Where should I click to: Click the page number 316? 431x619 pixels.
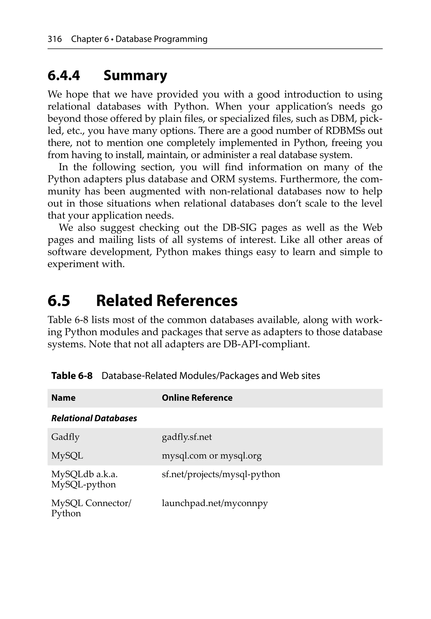55,39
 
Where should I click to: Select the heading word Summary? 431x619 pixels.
135,76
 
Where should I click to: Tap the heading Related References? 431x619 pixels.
167,301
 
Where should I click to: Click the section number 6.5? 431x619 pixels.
59,301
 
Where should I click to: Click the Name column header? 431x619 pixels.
63,398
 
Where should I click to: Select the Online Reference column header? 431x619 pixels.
197,398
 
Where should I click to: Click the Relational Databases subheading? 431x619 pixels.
94,418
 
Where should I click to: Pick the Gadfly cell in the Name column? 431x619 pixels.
65,437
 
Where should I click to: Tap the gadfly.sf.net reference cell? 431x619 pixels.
187,437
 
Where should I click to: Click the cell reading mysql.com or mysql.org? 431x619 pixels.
212,456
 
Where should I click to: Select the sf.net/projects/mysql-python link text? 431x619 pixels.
221,474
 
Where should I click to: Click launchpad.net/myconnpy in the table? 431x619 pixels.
215,503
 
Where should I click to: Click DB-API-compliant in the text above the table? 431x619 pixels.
266,344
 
